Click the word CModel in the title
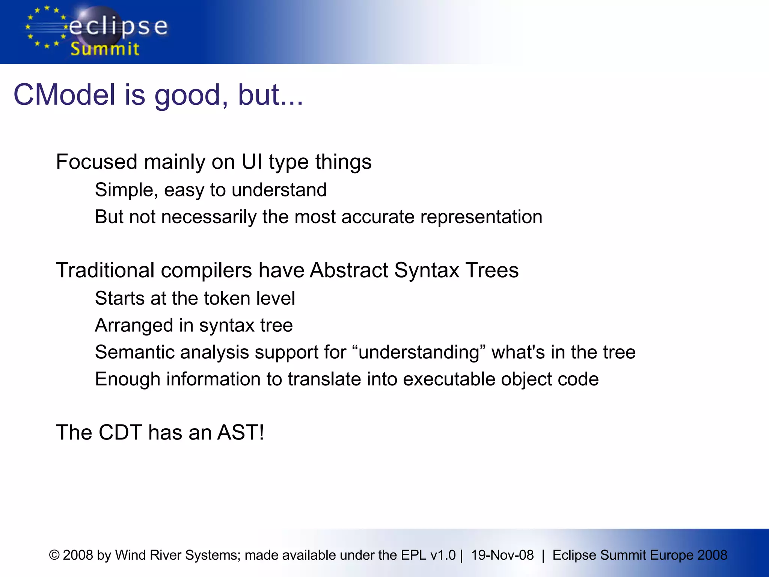coord(64,95)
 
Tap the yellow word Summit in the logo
coord(105,49)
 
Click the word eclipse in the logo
coord(118,27)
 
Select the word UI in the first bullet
coord(252,162)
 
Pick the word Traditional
coord(105,270)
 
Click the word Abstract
coord(349,270)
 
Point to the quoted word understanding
coord(419,352)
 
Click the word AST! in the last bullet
coord(241,432)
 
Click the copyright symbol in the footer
coord(54,555)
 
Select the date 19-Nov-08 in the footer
coord(502,555)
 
